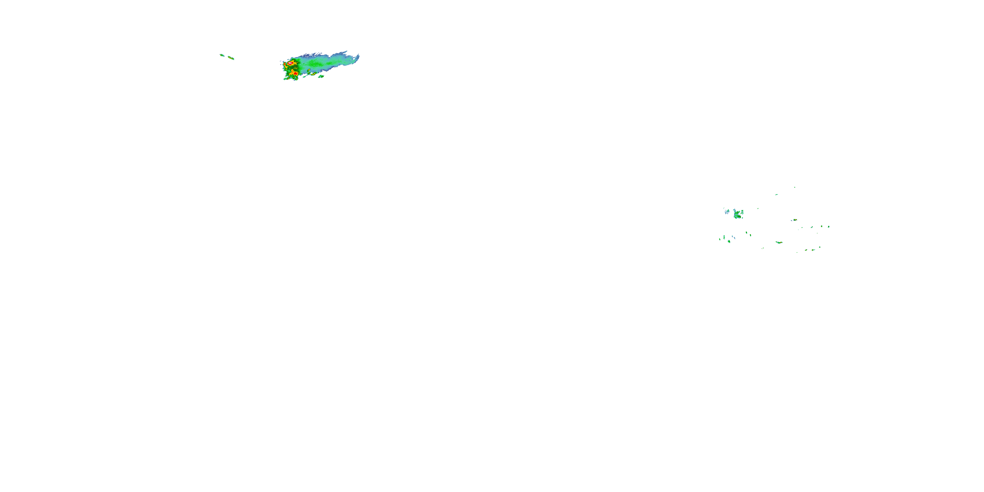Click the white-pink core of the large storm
click(x=291, y=63)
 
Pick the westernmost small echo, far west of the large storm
click(x=222, y=55)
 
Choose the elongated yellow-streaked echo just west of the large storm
click(x=231, y=58)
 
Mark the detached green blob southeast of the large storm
click(x=321, y=76)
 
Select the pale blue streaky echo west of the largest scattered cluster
click(x=727, y=211)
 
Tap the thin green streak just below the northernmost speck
click(x=777, y=195)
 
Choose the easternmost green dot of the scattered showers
click(x=829, y=227)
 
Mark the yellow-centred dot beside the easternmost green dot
click(x=822, y=226)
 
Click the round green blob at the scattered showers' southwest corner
click(x=729, y=241)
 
